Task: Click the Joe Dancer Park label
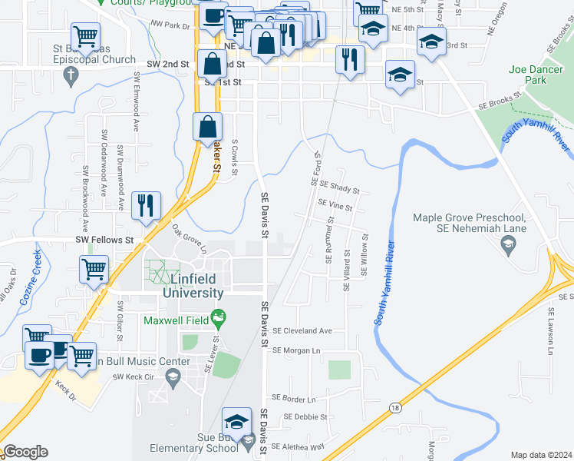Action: [527, 75]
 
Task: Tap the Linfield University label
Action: [193, 286]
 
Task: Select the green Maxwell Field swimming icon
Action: [219, 316]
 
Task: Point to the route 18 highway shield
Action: [394, 407]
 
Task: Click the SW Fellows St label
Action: [104, 240]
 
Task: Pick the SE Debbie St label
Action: [305, 417]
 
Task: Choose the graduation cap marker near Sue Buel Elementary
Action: [236, 422]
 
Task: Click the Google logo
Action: [25, 452]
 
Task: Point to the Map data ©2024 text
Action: [541, 455]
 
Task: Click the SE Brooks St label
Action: [499, 101]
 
